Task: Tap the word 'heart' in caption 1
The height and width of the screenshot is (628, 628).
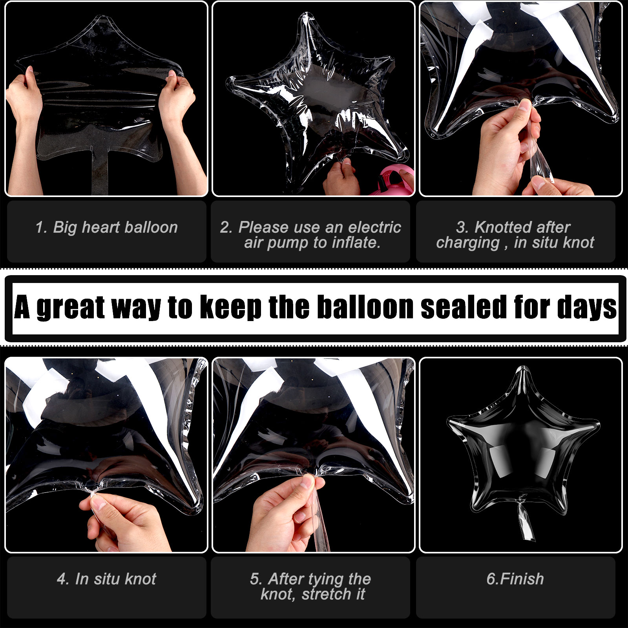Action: click(x=100, y=227)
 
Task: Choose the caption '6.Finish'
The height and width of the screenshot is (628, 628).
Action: click(x=515, y=579)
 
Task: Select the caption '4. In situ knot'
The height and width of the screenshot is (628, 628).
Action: click(x=106, y=579)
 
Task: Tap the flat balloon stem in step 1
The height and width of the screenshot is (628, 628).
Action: click(x=100, y=173)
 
